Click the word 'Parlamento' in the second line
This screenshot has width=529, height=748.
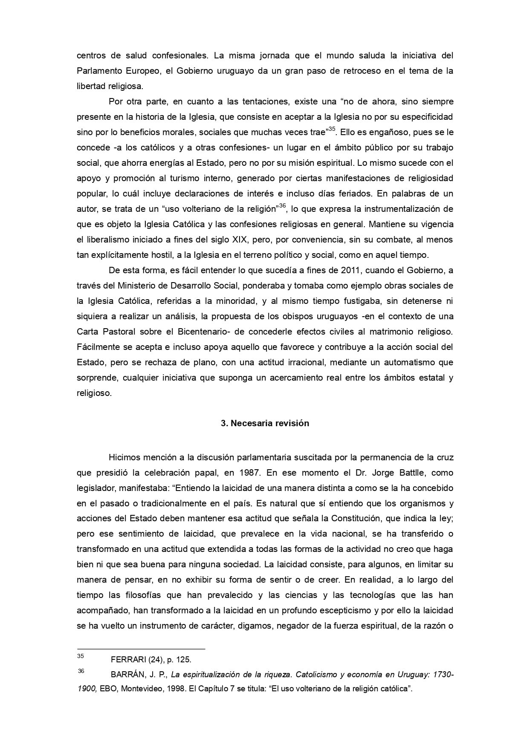(100, 71)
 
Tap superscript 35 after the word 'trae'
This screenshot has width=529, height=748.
(332, 129)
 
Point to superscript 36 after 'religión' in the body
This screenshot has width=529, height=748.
(282, 206)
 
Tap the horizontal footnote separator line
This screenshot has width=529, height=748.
(141, 649)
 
